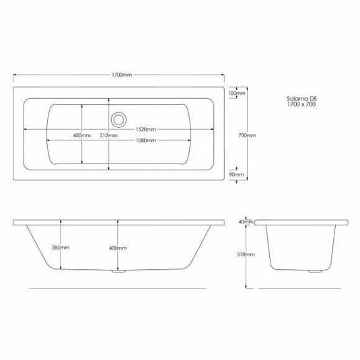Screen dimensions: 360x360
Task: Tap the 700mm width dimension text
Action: click(248, 135)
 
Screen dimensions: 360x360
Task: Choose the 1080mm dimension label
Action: click(147, 141)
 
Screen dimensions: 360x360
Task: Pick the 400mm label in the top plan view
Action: click(81, 135)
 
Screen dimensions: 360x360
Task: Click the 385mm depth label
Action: click(61, 248)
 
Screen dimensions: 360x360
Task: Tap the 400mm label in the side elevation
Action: click(117, 248)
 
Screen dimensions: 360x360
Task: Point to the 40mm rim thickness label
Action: click(246, 221)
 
